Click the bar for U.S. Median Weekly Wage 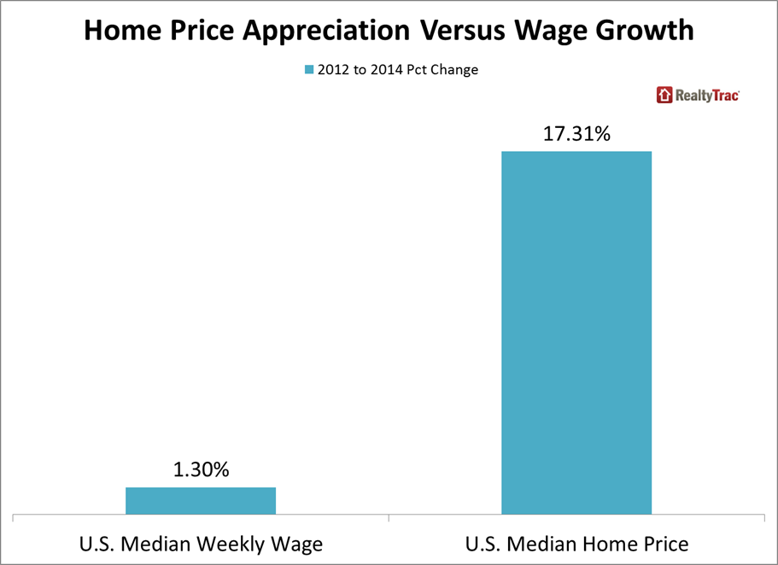[201, 501]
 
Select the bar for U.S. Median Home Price [576, 333]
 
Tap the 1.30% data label [201, 469]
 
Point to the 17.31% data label [576, 134]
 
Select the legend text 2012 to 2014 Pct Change [399, 70]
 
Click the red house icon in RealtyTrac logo [664, 95]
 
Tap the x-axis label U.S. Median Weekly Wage [201, 544]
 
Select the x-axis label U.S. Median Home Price [576, 544]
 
